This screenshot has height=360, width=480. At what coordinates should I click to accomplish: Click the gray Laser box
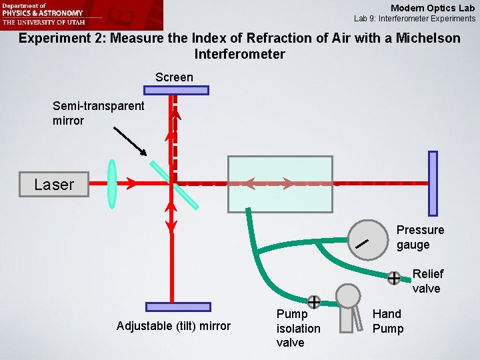(x=54, y=184)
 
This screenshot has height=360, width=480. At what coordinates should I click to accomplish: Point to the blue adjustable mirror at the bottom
(x=178, y=307)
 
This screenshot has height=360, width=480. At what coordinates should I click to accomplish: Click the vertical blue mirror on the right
(x=433, y=183)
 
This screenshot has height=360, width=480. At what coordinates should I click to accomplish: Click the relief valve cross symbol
(x=394, y=277)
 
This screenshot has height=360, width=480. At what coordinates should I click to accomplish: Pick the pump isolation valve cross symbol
(x=313, y=302)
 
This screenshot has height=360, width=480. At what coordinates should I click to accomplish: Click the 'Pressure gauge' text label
(x=420, y=237)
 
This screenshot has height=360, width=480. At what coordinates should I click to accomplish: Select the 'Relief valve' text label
(x=427, y=281)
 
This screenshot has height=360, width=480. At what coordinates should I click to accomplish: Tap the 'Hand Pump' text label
(x=387, y=321)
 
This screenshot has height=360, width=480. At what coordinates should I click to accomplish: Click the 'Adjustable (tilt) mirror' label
(x=173, y=326)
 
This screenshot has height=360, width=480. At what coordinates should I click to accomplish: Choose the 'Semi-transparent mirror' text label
(x=98, y=113)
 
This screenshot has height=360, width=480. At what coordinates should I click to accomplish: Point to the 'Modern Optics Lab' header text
(x=433, y=8)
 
